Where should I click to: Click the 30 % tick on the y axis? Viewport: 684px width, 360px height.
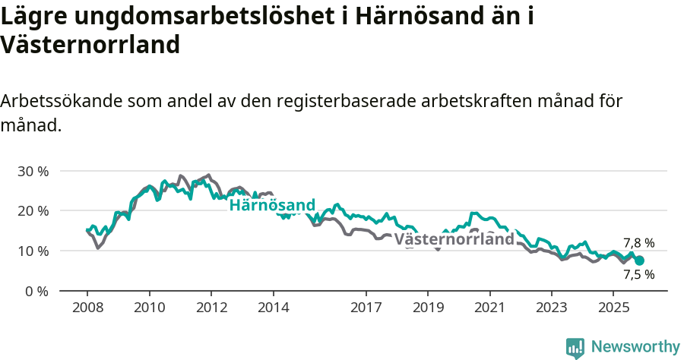click(x=33, y=171)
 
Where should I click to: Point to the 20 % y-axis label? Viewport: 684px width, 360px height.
click(x=33, y=210)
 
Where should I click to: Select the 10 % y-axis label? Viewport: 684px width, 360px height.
click(x=33, y=251)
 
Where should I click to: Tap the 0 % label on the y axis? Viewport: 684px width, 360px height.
click(x=36, y=291)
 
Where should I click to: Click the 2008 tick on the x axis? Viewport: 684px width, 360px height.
click(x=87, y=308)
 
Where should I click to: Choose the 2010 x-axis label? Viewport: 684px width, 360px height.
click(x=149, y=308)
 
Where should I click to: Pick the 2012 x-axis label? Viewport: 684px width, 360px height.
click(x=211, y=308)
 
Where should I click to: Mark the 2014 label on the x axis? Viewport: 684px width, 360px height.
click(x=273, y=308)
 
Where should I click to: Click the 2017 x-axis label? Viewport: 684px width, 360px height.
click(x=366, y=308)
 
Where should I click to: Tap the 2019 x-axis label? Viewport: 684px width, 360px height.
click(x=427, y=308)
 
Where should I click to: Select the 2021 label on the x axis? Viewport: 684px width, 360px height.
click(x=489, y=308)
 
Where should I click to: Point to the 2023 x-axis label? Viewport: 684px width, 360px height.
click(x=551, y=308)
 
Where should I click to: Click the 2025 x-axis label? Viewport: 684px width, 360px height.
click(x=613, y=308)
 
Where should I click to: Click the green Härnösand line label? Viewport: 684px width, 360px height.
click(x=272, y=205)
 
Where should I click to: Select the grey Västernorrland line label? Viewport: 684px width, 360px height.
click(x=455, y=240)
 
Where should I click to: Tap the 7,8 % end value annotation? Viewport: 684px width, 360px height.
click(x=638, y=243)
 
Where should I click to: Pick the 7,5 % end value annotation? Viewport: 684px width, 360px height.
click(x=638, y=275)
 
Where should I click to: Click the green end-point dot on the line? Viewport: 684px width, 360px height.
click(x=639, y=261)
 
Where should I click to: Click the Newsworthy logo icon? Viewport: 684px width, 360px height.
click(x=575, y=347)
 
